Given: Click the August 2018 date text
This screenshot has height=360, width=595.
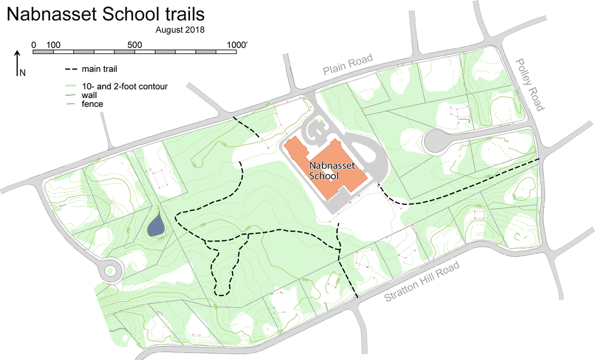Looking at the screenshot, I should pyautogui.click(x=180, y=29).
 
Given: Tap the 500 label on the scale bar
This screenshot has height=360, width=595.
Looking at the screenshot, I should pyautogui.click(x=135, y=45).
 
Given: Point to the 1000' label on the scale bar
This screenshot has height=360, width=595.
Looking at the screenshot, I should pyautogui.click(x=236, y=45).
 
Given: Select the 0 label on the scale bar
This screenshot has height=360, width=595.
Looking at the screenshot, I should pyautogui.click(x=34, y=45).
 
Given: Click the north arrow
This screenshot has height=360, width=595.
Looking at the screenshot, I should pyautogui.click(x=17, y=60).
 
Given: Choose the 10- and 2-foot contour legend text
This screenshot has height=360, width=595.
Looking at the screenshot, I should pyautogui.click(x=124, y=87).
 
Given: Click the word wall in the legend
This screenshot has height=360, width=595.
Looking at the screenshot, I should pyautogui.click(x=89, y=95).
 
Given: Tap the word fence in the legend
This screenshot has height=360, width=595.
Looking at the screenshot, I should pyautogui.click(x=92, y=104).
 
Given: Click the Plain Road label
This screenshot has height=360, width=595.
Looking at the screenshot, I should pyautogui.click(x=347, y=67).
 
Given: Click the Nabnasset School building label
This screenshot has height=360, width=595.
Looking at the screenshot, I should pyautogui.click(x=328, y=170).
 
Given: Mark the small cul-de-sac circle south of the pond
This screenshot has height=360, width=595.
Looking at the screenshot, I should pyautogui.click(x=110, y=271).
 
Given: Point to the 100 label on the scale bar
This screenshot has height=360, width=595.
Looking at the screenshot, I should pyautogui.click(x=53, y=45).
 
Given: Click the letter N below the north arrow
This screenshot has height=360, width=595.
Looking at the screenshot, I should pyautogui.click(x=23, y=73).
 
